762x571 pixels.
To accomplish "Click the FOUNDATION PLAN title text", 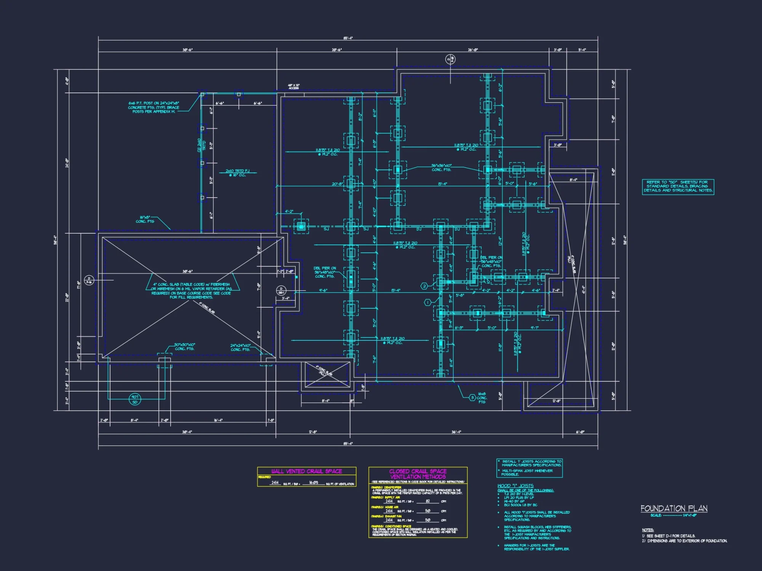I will click(674, 509).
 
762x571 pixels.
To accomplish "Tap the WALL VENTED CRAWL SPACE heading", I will click(306, 471).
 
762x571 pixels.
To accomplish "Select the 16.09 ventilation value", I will click(313, 483).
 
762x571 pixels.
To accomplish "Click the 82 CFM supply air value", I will click(427, 501).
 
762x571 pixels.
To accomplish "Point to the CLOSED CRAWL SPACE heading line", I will click(418, 471).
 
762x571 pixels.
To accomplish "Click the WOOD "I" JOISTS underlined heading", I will click(515, 486).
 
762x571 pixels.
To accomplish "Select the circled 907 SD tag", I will click(135, 399).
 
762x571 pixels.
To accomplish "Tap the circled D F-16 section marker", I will click(88, 281).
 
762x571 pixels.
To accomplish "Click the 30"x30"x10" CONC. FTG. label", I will click(184, 346).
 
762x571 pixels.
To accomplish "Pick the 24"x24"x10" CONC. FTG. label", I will click(240, 347).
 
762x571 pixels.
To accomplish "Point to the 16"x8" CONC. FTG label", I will click(145, 219).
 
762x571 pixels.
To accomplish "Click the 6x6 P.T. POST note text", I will click(154, 107).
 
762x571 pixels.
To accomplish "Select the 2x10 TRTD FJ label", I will click(237, 173).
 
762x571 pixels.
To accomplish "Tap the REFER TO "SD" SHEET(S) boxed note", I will click(678, 187).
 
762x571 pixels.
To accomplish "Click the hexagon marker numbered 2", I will click(424, 286).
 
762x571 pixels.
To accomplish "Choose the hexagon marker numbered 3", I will click(472, 398).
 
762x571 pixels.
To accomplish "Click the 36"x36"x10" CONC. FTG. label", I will click(441, 167).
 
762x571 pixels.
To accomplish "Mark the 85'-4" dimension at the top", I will click(348, 38).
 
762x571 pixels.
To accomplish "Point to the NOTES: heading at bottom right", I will click(647, 530).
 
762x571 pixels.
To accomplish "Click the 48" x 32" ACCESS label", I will click(293, 87).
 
